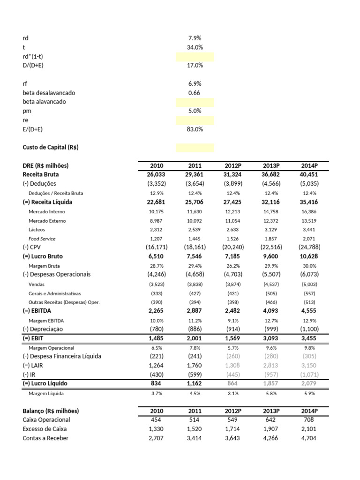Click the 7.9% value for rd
coord(195,38)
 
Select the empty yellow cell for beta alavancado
coord(195,102)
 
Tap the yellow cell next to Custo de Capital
coord(195,148)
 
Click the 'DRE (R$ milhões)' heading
coord(45,166)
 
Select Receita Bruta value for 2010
coord(157,175)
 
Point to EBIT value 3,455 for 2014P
coord(308,338)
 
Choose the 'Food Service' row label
coord(42,239)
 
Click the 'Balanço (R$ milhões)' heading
coord(51,411)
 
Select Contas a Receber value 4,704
coord(308,438)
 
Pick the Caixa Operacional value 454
coord(157,420)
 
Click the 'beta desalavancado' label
coord(49,93)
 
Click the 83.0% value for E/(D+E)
coord(195,129)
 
